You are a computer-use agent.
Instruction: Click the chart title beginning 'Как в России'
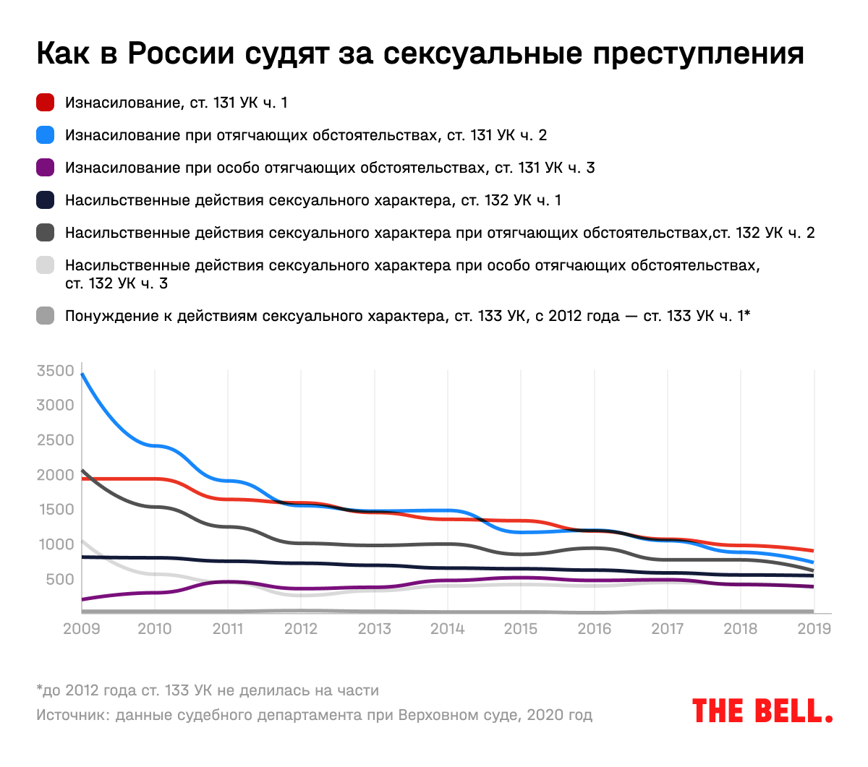click(x=420, y=53)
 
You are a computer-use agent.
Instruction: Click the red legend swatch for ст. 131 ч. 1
click(x=46, y=103)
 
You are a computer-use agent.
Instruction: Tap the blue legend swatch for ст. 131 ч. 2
click(x=46, y=135)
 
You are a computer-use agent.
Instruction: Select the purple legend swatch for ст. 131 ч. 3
click(x=46, y=168)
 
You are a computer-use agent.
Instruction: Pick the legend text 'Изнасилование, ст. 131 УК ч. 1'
click(x=176, y=103)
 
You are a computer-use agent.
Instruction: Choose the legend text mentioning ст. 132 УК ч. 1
click(x=312, y=200)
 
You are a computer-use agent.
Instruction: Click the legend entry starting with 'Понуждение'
click(x=407, y=316)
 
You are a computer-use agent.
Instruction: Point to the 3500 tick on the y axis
click(x=56, y=371)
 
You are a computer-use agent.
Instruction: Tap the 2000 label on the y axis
click(x=56, y=475)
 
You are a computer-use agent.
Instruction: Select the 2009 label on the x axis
click(x=81, y=628)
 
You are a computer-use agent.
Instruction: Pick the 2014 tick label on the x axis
click(x=448, y=628)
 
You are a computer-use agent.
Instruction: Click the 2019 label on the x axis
click(x=814, y=628)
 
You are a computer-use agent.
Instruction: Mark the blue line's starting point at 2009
click(x=82, y=374)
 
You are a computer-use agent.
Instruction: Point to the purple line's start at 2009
click(x=82, y=599)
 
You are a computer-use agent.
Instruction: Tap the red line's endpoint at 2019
click(x=814, y=551)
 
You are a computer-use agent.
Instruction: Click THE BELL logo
click(x=762, y=711)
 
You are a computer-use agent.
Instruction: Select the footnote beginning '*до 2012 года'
click(x=208, y=690)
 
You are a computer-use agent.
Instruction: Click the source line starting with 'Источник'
click(x=314, y=715)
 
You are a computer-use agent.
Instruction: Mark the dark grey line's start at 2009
click(x=82, y=471)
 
